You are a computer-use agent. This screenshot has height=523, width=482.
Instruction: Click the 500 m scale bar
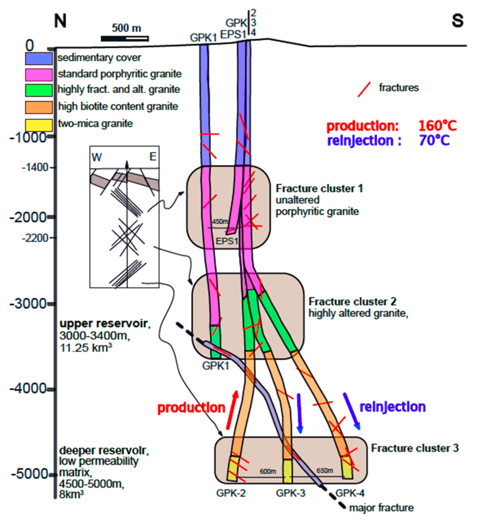(125, 39)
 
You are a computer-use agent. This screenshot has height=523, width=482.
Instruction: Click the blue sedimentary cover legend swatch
(39, 59)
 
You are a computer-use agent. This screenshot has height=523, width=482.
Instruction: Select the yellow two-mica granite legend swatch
(39, 125)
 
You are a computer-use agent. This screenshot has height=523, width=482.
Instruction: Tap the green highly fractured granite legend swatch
(39, 90)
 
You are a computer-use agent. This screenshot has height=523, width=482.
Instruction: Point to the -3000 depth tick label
(28, 304)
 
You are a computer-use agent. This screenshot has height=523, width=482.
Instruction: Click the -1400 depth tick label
(35, 167)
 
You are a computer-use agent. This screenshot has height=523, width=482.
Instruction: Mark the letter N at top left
(60, 21)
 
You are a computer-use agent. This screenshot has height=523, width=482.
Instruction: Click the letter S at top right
(458, 21)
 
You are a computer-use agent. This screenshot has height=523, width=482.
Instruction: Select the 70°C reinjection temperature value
(434, 140)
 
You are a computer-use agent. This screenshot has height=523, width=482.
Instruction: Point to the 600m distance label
(268, 471)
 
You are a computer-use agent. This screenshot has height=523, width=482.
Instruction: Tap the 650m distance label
(325, 470)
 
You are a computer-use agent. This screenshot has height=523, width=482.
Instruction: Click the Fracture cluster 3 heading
(415, 448)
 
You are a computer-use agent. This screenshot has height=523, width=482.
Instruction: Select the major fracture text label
(381, 508)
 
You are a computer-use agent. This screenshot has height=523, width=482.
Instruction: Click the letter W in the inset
(96, 157)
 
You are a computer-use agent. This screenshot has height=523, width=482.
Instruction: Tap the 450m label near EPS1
(220, 222)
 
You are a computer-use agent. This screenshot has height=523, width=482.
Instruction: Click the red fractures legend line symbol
(364, 90)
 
